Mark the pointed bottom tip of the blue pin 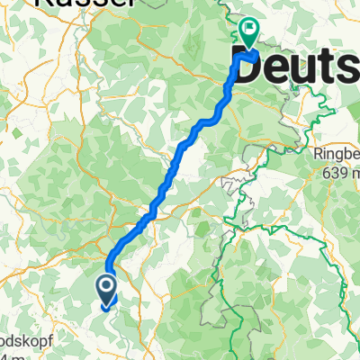point(105,306)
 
